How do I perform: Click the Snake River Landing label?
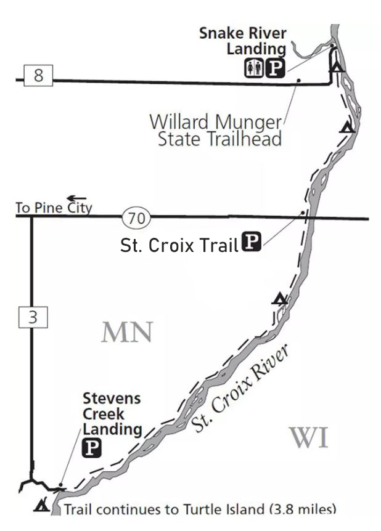242,40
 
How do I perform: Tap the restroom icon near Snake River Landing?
253,68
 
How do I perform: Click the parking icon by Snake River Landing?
274,68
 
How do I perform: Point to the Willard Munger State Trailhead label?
215,129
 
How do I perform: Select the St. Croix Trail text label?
179,246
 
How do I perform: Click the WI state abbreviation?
309,438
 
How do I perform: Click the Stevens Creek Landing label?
112,413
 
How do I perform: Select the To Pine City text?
54,208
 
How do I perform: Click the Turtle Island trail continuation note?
200,509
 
